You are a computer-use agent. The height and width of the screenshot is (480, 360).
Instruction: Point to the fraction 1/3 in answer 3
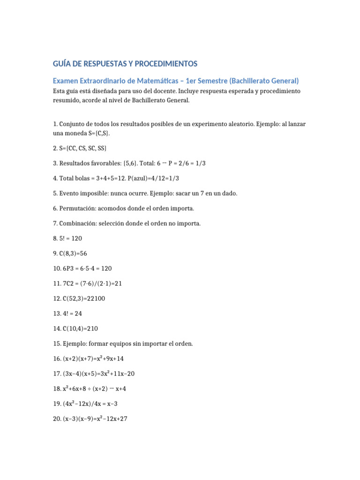(200, 163)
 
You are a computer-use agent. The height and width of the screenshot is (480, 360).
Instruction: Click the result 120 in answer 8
(76, 238)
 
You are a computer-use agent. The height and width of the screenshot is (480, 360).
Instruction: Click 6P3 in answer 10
(69, 268)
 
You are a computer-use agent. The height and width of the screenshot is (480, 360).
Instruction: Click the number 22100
(95, 298)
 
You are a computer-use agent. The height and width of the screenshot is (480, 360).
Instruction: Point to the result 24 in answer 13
(76, 313)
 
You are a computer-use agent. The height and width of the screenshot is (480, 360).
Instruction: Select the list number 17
(56, 374)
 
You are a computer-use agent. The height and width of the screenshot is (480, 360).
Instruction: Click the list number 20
(57, 419)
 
